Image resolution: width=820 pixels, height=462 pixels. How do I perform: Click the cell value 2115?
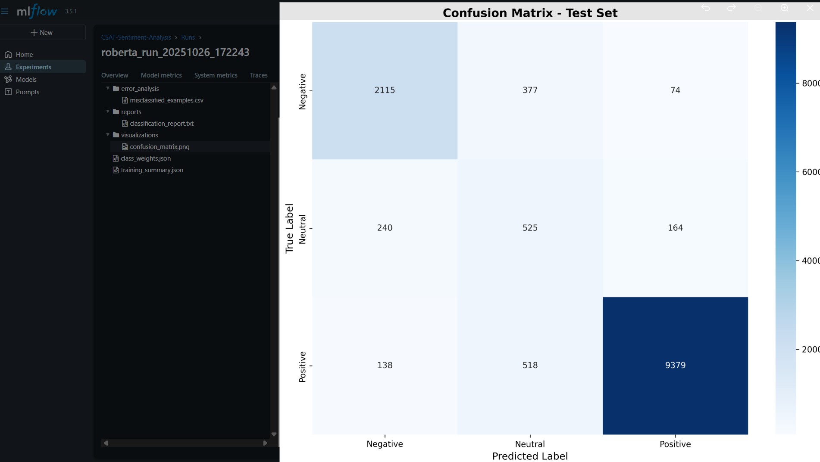pyautogui.click(x=385, y=90)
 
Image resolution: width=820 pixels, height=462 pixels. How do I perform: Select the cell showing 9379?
pyautogui.click(x=675, y=365)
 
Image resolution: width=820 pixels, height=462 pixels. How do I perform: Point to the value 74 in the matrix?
pyautogui.click(x=675, y=90)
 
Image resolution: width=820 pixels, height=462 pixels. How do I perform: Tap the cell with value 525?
pyautogui.click(x=530, y=228)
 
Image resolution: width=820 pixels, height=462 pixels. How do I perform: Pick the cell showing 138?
pyautogui.click(x=385, y=365)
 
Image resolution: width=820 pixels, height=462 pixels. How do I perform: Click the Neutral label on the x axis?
pyautogui.click(x=530, y=444)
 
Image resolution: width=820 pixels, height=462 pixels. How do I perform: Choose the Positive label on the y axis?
pyautogui.click(x=303, y=367)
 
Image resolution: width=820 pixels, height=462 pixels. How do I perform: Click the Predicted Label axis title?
pyautogui.click(x=530, y=456)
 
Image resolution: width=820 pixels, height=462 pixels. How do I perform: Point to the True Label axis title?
pyautogui.click(x=289, y=228)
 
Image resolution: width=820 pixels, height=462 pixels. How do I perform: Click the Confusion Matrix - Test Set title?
pyautogui.click(x=530, y=13)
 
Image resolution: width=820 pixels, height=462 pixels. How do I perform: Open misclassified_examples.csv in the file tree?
pyautogui.click(x=166, y=100)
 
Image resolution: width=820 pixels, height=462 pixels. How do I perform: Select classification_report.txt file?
pyautogui.click(x=162, y=124)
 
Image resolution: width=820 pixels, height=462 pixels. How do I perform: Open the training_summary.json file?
pyautogui.click(x=152, y=170)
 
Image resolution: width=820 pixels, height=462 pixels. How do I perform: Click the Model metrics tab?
pyautogui.click(x=161, y=75)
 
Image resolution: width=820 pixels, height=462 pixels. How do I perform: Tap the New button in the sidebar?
pyautogui.click(x=42, y=33)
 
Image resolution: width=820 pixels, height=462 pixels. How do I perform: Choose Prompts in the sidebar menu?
pyautogui.click(x=28, y=92)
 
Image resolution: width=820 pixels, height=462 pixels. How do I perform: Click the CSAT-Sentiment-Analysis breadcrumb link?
pyautogui.click(x=136, y=37)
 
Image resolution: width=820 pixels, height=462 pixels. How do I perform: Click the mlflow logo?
pyautogui.click(x=37, y=11)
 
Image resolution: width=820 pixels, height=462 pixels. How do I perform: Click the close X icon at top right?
pyautogui.click(x=810, y=8)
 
